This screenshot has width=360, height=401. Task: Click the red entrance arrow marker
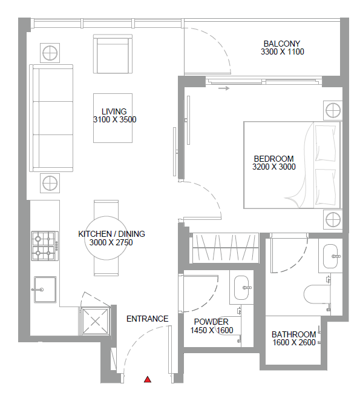pyautogui.click(x=148, y=379)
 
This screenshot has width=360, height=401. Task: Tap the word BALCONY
pyautogui.click(x=282, y=44)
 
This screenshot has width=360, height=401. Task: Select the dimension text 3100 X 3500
pyautogui.click(x=115, y=119)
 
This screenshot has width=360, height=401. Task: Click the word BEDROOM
pyautogui.click(x=273, y=159)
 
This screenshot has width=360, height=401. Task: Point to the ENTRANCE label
pyautogui.click(x=148, y=319)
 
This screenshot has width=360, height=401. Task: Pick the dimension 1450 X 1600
pyautogui.click(x=212, y=330)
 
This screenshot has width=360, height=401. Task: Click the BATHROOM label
pyautogui.click(x=294, y=334)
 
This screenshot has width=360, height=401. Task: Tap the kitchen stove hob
pyautogui.click(x=45, y=246)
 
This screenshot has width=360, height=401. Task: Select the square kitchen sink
pyautogui.click(x=45, y=290)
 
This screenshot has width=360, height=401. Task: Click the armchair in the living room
pyautogui.click(x=113, y=54)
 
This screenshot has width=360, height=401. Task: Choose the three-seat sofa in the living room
pyautogui.click(x=51, y=118)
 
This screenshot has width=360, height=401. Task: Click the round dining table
pyautogui.click(x=106, y=238)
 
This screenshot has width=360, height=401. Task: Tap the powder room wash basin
pyautogui.click(x=241, y=288)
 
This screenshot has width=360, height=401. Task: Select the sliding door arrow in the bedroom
pyautogui.click(x=224, y=88)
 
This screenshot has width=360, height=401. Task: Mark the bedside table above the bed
pyautogui.click(x=333, y=110)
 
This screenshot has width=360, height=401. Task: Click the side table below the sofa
pyautogui.click(x=50, y=183)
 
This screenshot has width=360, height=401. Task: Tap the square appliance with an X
pyautogui.click(x=95, y=321)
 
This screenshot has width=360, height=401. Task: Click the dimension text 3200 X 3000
pyautogui.click(x=274, y=167)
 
